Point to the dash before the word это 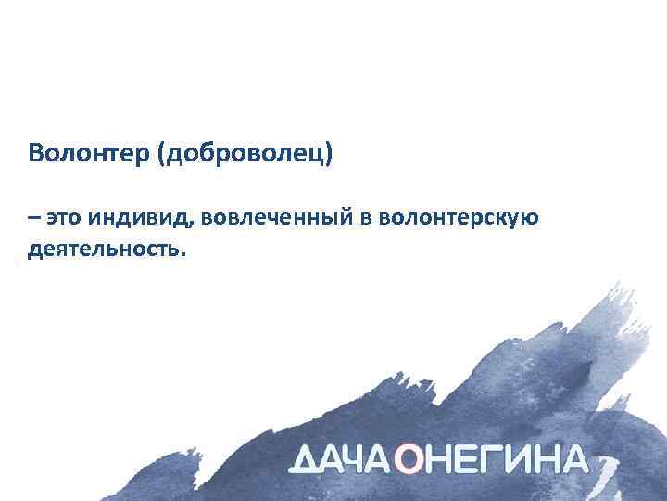tap(33, 219)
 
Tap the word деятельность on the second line tap(104, 250)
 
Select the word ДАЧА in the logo tap(343, 459)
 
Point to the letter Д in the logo tap(306, 459)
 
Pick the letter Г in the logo tap(497, 459)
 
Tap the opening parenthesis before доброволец tap(163, 152)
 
